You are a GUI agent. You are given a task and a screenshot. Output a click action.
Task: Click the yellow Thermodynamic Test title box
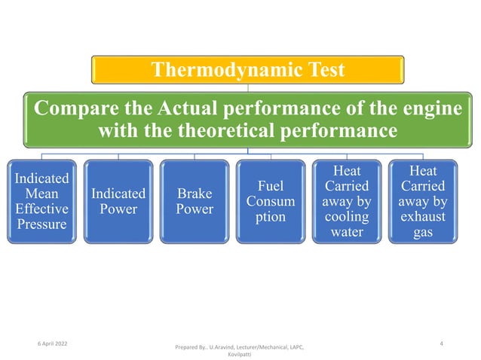tap(248, 70)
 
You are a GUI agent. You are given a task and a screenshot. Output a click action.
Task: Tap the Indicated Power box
tap(118, 201)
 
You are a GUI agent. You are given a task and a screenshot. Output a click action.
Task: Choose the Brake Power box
tap(194, 201)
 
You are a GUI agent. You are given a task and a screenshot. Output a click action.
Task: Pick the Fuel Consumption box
tap(270, 201)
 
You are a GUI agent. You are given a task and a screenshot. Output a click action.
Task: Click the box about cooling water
tap(346, 201)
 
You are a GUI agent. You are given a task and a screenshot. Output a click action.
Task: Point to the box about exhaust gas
tap(422, 201)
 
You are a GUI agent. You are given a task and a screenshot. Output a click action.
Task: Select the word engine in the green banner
tap(427, 108)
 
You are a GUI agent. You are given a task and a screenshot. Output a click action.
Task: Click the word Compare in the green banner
tap(71, 108)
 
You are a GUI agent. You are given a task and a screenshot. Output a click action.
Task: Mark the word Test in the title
tap(320, 70)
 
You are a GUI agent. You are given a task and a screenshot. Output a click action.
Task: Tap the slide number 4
tap(440, 343)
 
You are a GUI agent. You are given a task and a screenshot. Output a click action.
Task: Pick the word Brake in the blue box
tap(194, 194)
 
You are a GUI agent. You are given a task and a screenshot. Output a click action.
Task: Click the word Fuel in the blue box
tap(270, 185)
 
